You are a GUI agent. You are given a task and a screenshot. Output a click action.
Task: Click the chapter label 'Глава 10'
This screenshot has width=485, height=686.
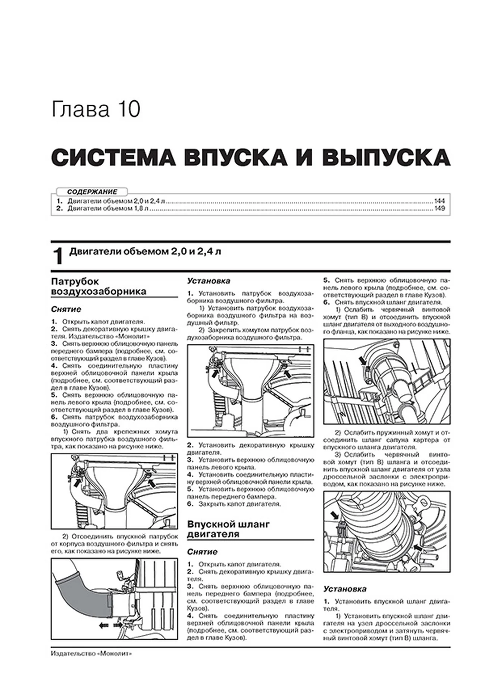96,109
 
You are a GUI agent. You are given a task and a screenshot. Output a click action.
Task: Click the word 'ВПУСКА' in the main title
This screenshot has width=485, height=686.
235,158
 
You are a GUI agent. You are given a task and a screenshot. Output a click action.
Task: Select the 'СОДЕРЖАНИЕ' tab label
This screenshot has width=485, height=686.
92,192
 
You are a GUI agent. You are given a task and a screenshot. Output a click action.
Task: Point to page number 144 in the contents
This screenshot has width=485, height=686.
439,201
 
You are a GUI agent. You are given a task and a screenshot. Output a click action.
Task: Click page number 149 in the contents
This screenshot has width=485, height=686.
439,209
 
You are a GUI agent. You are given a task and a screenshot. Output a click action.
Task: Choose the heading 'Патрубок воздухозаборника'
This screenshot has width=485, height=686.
98,286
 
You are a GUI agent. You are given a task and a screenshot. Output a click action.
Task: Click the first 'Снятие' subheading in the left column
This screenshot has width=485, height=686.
66,309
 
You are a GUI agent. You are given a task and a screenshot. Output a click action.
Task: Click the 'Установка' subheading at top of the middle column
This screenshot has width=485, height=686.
209,281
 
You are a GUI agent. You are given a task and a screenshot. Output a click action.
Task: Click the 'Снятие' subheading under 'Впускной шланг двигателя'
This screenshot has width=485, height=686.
202,552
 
